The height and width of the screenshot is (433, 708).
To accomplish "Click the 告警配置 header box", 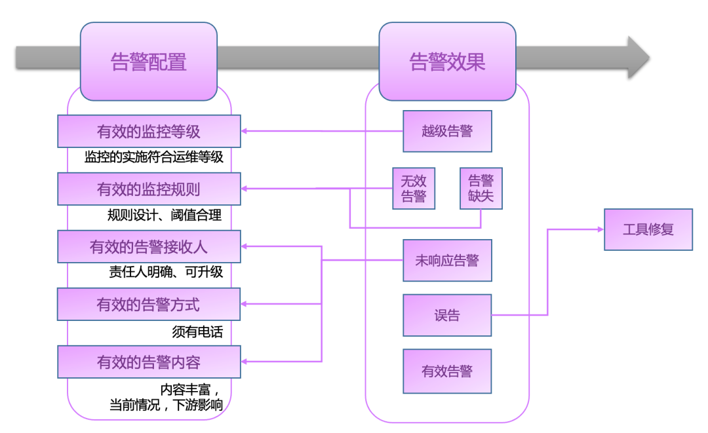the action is tap(149, 62).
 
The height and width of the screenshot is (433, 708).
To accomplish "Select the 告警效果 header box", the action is tap(447, 62).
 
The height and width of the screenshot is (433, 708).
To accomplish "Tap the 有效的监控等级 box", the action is tap(149, 131).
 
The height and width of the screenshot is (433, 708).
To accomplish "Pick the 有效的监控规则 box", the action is tap(149, 189).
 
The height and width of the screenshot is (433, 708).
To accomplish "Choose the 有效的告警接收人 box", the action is tap(149, 247).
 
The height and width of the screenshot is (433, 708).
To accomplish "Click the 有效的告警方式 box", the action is tap(149, 305).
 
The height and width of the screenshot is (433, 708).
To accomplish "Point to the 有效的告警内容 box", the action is tap(149, 362).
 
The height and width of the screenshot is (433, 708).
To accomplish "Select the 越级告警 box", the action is tap(447, 131).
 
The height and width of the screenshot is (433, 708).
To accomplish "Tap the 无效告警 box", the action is tap(414, 189).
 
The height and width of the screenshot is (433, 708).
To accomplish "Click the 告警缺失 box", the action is tap(481, 189).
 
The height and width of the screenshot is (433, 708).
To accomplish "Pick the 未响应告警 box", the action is tap(447, 260).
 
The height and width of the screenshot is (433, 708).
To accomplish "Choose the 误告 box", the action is tap(447, 315).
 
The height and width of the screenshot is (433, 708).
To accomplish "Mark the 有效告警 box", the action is tap(447, 371).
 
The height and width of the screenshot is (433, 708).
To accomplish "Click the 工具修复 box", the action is tap(648, 229).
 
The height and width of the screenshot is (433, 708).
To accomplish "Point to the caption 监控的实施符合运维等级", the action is tap(153, 157).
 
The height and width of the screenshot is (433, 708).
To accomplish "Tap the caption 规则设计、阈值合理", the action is tap(165, 215).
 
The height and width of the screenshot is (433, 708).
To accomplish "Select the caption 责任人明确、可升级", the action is tap(166, 272).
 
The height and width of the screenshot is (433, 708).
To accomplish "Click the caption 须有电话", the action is tap(197, 332).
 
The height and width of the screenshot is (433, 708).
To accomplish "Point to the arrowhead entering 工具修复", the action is tap(601, 229).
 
